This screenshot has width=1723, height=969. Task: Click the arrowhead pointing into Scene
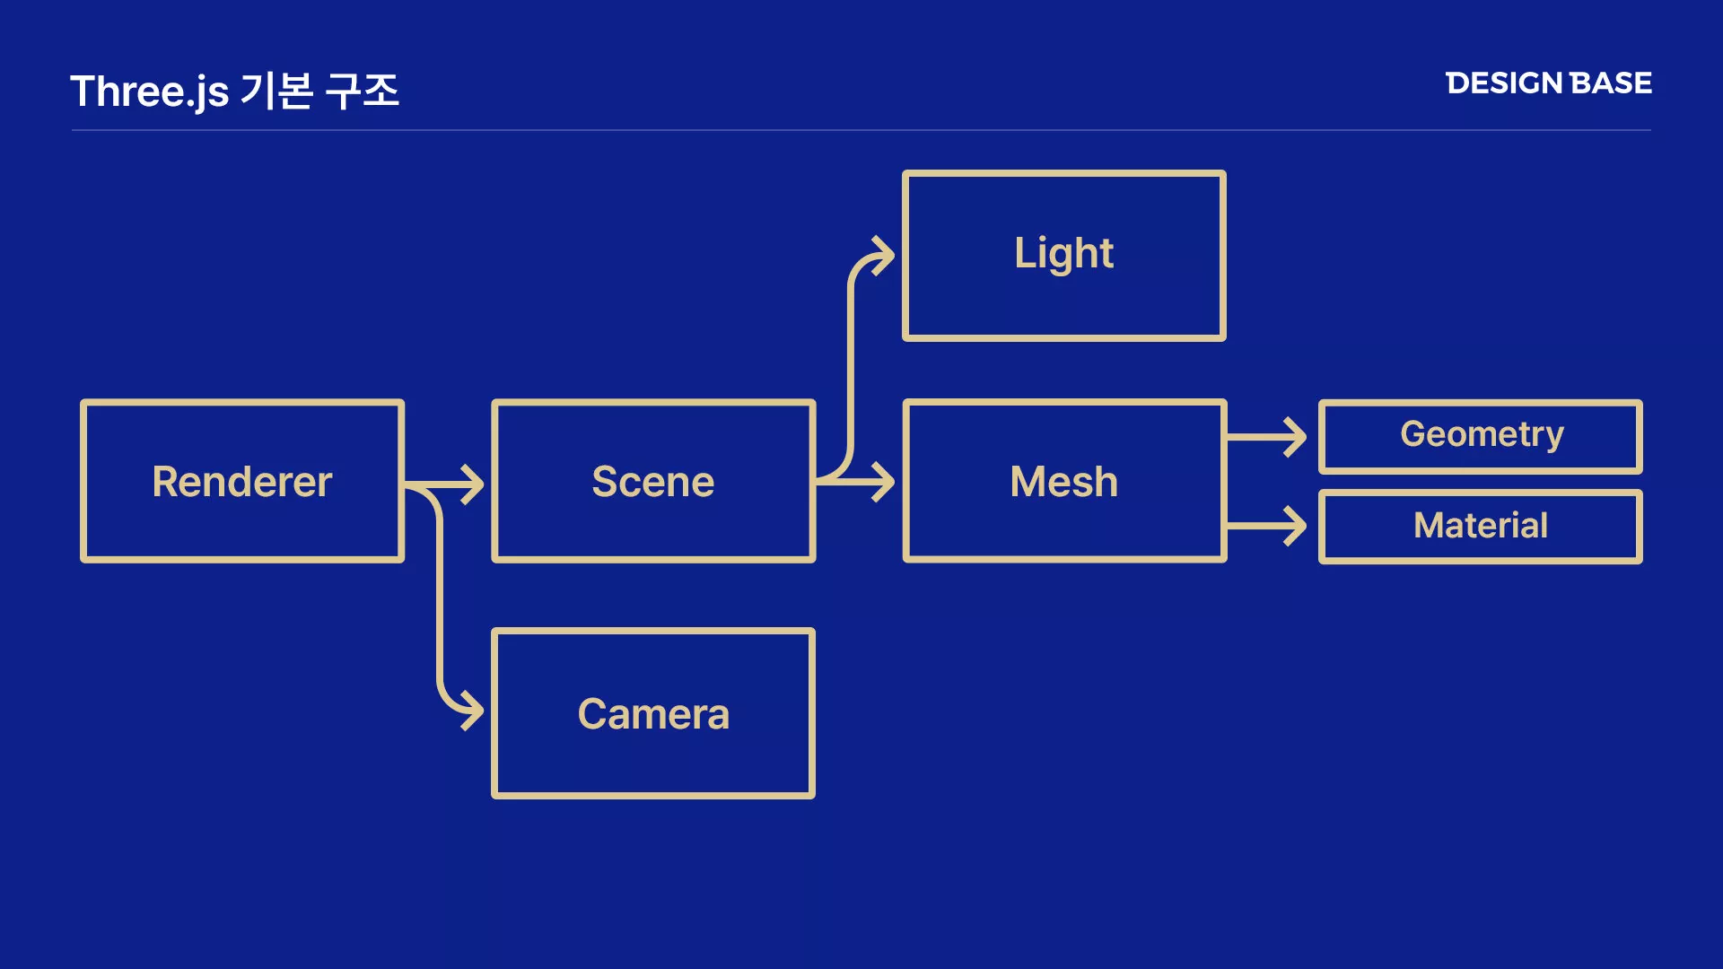point(473,485)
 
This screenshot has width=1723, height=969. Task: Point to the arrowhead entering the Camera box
point(473,711)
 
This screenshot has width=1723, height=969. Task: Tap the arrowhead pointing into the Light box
point(884,256)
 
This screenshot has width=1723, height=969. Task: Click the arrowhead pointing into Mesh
point(884,482)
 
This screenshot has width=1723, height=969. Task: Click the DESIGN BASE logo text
point(1549,83)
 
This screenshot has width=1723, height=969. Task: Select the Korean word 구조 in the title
point(363,91)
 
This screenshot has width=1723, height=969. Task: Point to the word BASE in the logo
point(1612,83)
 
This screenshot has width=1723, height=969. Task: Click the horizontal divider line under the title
point(861,130)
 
